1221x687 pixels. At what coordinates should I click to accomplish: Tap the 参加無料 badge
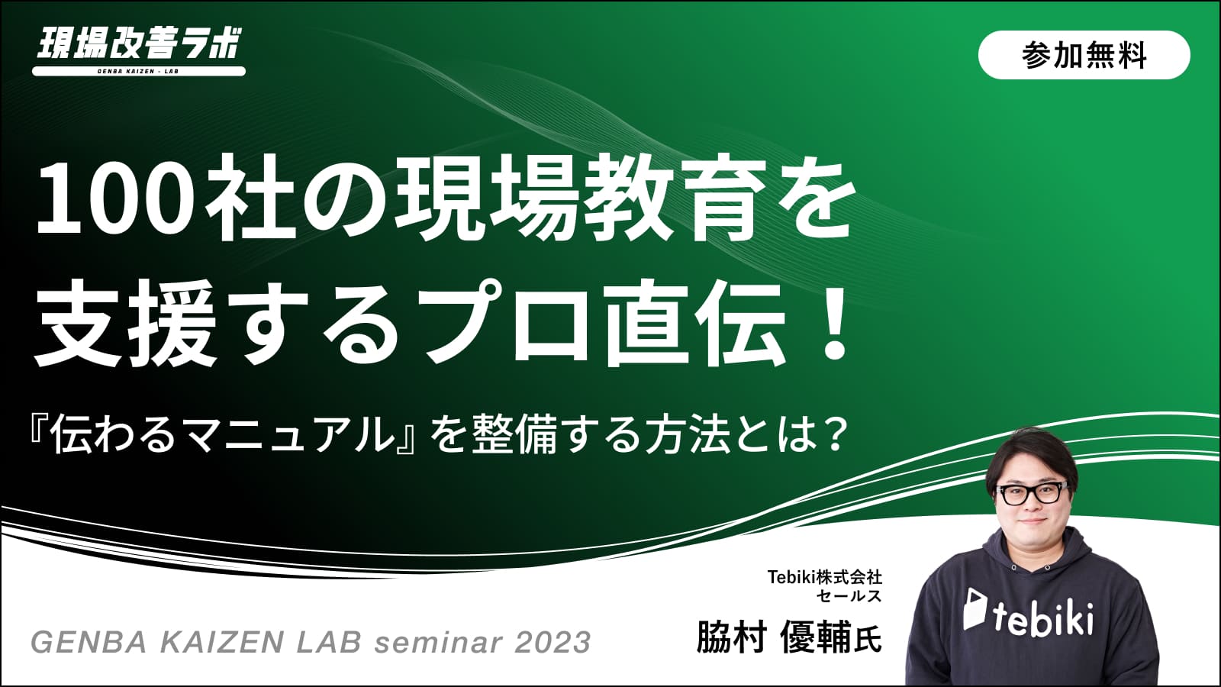point(1084,55)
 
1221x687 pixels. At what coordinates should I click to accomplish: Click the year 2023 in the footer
point(553,642)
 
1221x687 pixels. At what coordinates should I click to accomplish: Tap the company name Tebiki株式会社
point(823,576)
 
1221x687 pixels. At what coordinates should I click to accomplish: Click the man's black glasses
point(1032,493)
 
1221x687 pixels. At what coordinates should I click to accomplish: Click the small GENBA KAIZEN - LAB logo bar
point(138,71)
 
